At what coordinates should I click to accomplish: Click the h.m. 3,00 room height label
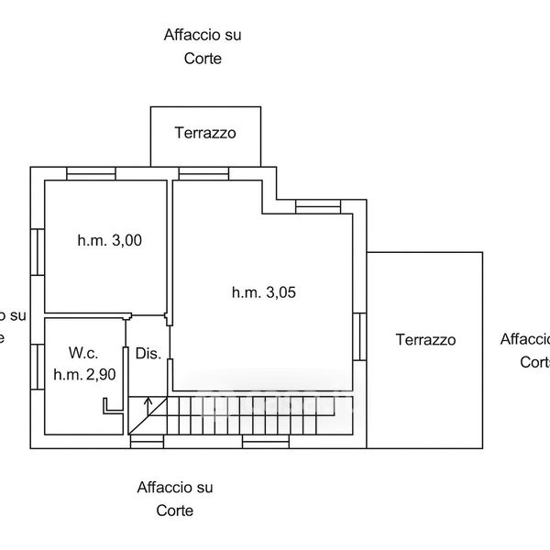109,241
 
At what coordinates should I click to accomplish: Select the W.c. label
83,353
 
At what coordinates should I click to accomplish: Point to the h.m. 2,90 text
83,373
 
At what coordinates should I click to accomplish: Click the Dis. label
148,354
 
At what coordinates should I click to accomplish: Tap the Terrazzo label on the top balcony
206,133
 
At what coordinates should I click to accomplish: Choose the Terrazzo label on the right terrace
425,339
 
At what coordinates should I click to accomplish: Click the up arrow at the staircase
148,403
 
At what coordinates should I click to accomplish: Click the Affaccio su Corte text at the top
203,47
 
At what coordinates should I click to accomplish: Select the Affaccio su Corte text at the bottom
175,499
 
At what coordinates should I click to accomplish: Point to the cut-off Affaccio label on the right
525,349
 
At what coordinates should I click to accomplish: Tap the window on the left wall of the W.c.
38,368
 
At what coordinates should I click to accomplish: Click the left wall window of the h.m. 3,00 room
38,251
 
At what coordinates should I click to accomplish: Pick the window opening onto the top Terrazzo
203,173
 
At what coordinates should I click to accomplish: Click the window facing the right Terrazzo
361,337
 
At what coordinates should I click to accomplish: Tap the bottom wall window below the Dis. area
148,442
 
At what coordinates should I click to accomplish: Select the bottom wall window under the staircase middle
266,442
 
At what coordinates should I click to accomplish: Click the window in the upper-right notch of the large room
318,208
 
